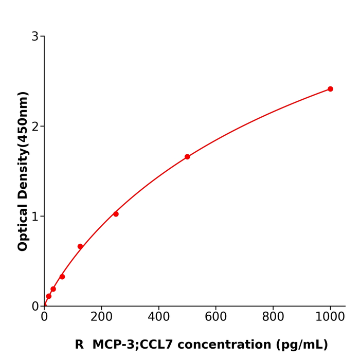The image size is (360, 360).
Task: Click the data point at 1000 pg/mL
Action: [330, 89]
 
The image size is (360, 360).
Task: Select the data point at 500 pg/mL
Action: [187, 157]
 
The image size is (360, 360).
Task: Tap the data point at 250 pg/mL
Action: [116, 214]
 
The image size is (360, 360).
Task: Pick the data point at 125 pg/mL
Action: [80, 246]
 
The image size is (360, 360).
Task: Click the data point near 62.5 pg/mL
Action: [62, 277]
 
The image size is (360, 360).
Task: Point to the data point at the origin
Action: [44, 305]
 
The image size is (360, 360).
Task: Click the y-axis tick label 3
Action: [35, 37]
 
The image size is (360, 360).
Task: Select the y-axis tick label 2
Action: [35, 127]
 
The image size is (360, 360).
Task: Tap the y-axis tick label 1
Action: [35, 217]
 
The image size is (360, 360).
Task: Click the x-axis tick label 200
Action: [101, 317]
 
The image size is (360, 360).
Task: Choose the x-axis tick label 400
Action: [158, 317]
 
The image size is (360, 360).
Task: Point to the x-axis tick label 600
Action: [215, 317]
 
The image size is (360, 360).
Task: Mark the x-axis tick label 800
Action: [273, 317]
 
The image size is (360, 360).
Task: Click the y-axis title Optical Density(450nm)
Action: [23, 171]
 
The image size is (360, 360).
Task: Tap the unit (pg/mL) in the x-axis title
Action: [302, 345]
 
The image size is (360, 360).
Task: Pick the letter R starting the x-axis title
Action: [79, 345]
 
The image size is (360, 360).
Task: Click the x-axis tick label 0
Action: [44, 317]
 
